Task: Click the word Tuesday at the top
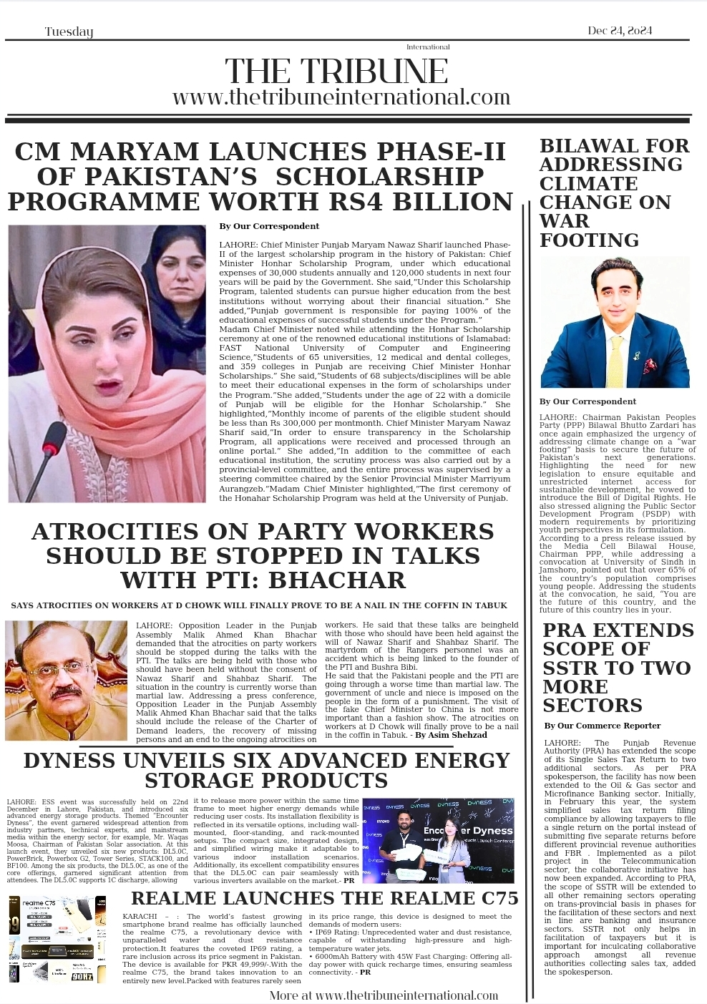[x=69, y=31]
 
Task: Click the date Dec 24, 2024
[x=620, y=31]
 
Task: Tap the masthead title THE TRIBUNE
[x=336, y=72]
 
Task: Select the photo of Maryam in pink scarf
[x=107, y=364]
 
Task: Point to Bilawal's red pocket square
[x=648, y=366]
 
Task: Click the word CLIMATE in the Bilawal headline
[x=578, y=183]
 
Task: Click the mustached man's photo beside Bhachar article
[x=66, y=680]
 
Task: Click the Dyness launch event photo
[x=438, y=841]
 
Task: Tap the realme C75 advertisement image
[x=58, y=938]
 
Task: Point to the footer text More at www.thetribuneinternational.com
[x=384, y=995]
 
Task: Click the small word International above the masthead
[x=428, y=47]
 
